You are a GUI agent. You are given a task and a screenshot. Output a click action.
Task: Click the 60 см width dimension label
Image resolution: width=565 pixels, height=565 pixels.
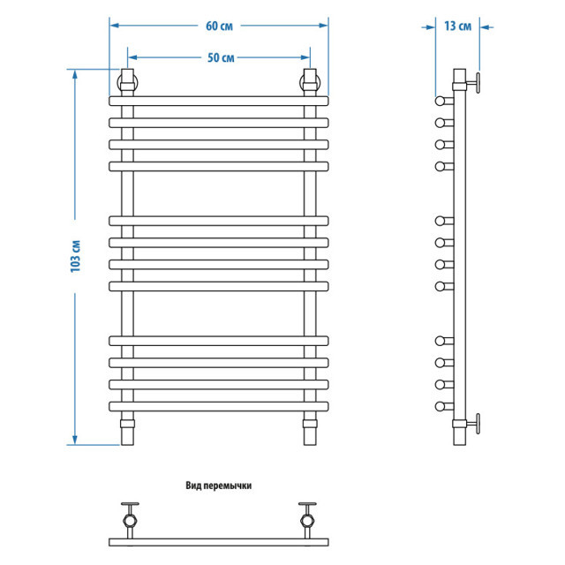pyautogui.click(x=219, y=26)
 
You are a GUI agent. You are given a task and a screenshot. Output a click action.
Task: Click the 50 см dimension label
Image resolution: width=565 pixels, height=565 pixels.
pyautogui.click(x=220, y=58)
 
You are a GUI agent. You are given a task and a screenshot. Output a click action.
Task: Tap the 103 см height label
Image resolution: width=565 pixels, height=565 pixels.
pyautogui.click(x=76, y=256)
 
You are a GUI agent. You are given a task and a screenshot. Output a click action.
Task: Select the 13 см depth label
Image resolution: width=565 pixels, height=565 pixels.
pyautogui.click(x=457, y=26)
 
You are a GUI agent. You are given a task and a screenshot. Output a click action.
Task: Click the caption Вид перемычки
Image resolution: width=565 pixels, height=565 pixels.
pyautogui.click(x=219, y=485)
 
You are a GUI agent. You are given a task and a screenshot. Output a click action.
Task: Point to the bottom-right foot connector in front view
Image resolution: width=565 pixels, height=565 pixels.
pyautogui.click(x=310, y=432)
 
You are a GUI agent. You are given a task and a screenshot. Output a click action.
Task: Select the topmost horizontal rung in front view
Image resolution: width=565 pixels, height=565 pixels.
pyautogui.click(x=219, y=99)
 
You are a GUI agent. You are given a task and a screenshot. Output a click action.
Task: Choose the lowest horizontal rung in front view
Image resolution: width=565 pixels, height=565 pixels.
pyautogui.click(x=219, y=406)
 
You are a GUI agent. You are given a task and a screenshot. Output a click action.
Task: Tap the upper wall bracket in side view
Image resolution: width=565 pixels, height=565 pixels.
pyautogui.click(x=469, y=85)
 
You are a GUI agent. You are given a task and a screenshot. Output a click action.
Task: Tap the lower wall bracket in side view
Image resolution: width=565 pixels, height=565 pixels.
pyautogui.click(x=469, y=426)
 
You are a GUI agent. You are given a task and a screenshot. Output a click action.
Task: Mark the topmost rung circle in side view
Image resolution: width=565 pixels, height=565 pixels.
pyautogui.click(x=441, y=99)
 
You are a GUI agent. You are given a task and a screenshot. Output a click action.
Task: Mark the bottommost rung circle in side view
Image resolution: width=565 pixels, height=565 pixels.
pyautogui.click(x=441, y=406)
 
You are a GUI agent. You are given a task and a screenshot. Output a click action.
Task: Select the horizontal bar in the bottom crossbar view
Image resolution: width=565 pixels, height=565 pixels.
pyautogui.click(x=219, y=539)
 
